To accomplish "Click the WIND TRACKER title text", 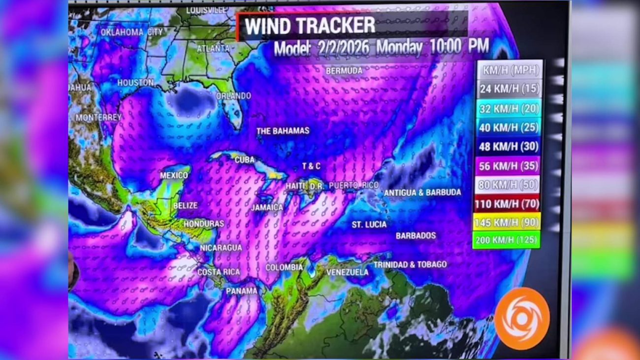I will (x=310, y=26).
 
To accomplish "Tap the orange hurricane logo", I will (x=522, y=318).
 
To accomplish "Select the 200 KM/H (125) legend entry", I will (x=507, y=241).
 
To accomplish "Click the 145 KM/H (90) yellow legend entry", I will (x=507, y=223).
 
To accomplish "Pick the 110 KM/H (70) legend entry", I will (x=507, y=203).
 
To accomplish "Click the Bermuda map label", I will (x=344, y=71).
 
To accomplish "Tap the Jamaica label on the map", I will (x=267, y=207).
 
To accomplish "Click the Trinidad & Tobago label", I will (x=410, y=264).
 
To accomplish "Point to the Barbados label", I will (x=416, y=235).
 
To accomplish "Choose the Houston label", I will (x=135, y=83).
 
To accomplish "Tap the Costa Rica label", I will (x=219, y=272).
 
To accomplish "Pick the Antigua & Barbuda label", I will (x=422, y=193).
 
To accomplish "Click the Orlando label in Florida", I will (x=233, y=96).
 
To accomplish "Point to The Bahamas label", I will (x=283, y=131).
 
